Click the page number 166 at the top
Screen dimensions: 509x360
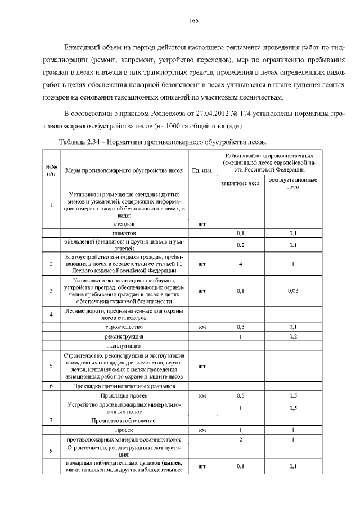click(193, 21)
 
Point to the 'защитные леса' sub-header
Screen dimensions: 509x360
click(240, 183)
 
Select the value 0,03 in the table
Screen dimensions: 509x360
click(292, 291)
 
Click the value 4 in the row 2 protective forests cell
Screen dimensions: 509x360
click(240, 264)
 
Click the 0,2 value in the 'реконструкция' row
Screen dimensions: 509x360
click(292, 336)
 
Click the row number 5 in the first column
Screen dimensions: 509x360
click(51, 366)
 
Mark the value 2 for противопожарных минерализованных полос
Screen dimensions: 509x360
click(240, 439)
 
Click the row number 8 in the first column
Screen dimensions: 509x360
click(51, 451)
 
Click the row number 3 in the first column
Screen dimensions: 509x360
click(51, 291)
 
